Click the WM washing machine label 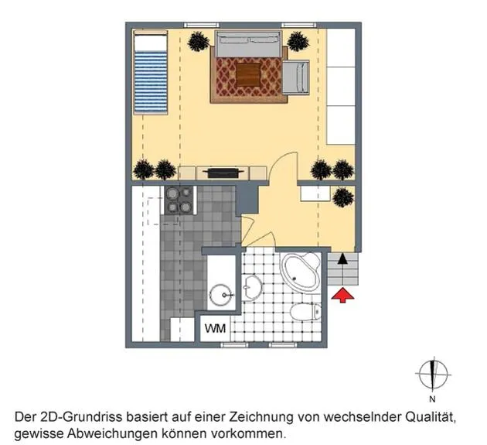pos(215,328)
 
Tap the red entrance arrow pos(342,295)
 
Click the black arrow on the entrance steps pos(342,258)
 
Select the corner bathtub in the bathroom pos(301,272)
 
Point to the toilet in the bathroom pos(306,312)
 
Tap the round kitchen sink pos(221,295)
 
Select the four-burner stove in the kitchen pos(179,200)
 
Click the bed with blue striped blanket pos(150,72)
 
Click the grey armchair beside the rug pos(295,77)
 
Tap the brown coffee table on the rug pos(248,74)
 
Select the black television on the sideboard pos(223,173)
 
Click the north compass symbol pos(433,374)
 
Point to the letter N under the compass pos(432,399)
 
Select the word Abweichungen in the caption pos(112,433)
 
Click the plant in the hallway pos(343,197)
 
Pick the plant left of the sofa pos(199,41)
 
